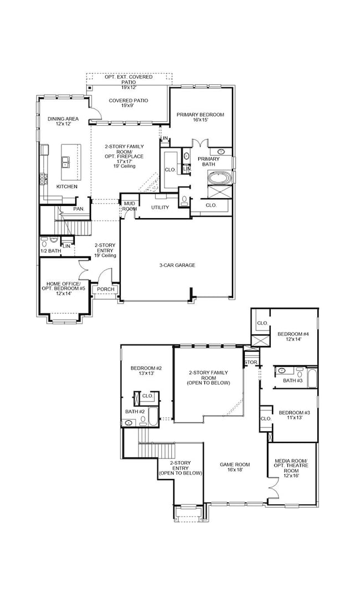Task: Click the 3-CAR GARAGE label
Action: pyautogui.click(x=177, y=265)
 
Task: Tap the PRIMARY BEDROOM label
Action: pyautogui.click(x=200, y=117)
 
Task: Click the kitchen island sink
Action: pyautogui.click(x=66, y=162)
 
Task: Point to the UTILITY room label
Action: pyautogui.click(x=160, y=208)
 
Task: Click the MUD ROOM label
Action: pyautogui.click(x=130, y=206)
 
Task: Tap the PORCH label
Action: pyautogui.click(x=105, y=290)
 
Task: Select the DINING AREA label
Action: pyautogui.click(x=63, y=121)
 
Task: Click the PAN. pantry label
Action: pyautogui.click(x=79, y=209)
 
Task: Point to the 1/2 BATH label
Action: pyautogui.click(x=50, y=251)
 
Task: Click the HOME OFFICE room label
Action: pyautogui.click(x=63, y=283)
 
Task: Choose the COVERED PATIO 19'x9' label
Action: pyautogui.click(x=128, y=103)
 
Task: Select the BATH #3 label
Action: pyautogui.click(x=292, y=380)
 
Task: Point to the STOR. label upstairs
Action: pyautogui.click(x=251, y=362)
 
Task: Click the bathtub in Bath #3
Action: pyautogui.click(x=312, y=379)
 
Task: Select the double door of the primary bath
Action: pyautogui.click(x=200, y=144)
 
